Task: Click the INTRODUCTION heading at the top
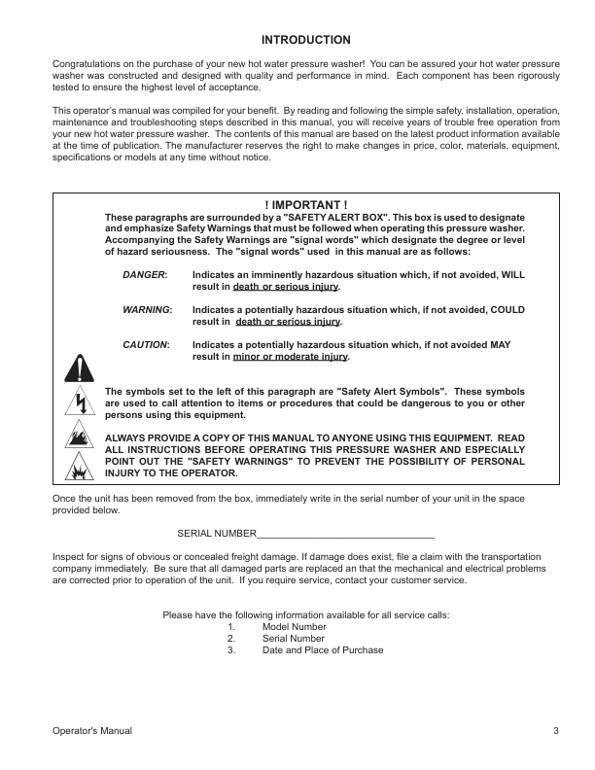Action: click(x=306, y=40)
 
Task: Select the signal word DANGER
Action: click(x=145, y=276)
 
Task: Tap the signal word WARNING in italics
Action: click(x=147, y=310)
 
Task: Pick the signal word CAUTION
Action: click(x=146, y=345)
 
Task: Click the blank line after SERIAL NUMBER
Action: click(x=345, y=534)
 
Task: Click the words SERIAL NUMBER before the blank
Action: click(x=216, y=534)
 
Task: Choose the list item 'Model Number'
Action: click(x=294, y=627)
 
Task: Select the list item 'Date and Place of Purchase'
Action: click(x=323, y=650)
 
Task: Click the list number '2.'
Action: click(x=231, y=639)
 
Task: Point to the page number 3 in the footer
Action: click(x=555, y=730)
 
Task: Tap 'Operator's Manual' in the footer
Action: click(x=92, y=730)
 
